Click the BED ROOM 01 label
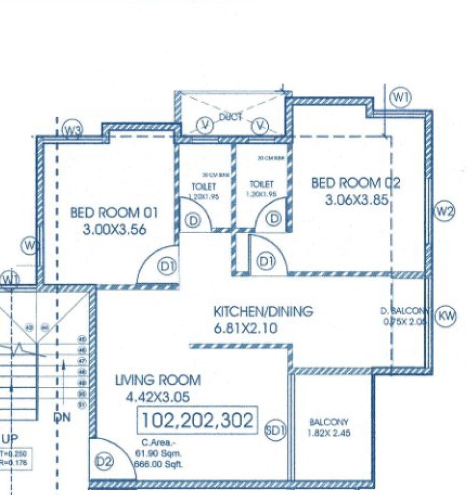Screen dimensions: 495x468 pyautogui.click(x=114, y=213)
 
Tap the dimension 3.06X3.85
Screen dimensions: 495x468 pyautogui.click(x=357, y=200)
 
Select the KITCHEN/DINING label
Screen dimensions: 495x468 pyautogui.click(x=263, y=311)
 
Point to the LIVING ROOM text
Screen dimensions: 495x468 pyautogui.click(x=158, y=380)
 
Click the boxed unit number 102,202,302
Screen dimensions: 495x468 pyautogui.click(x=197, y=420)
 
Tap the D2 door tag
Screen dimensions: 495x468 pyautogui.click(x=104, y=462)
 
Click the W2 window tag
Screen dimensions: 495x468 pyautogui.click(x=444, y=212)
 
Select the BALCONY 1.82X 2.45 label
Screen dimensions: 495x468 pyautogui.click(x=329, y=427)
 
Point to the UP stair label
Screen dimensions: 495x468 pyautogui.click(x=10, y=439)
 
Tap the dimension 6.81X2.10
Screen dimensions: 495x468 pyautogui.click(x=245, y=329)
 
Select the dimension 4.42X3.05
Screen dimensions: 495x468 pyautogui.click(x=157, y=398)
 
